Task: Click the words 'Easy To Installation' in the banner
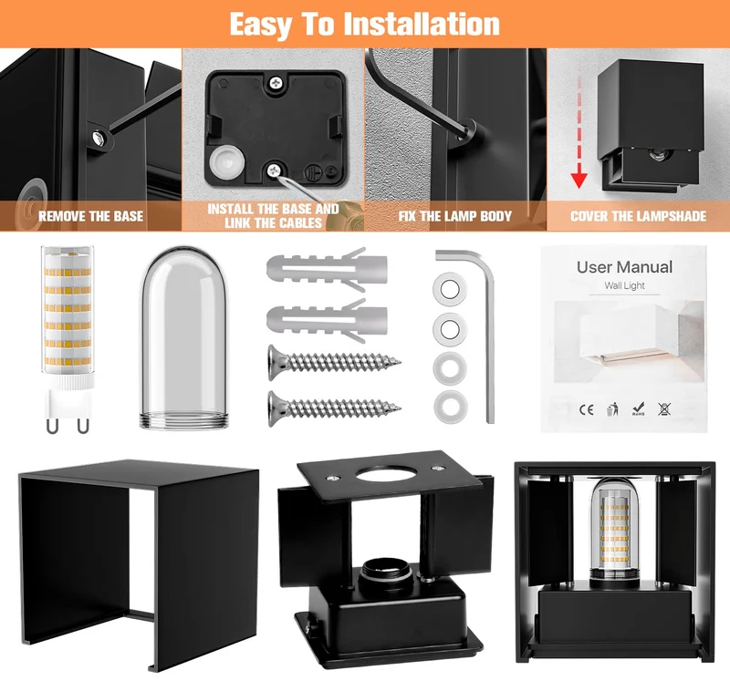(364, 25)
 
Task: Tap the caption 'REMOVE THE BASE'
(90, 216)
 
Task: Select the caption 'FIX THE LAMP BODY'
(454, 216)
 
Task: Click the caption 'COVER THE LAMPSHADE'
(638, 216)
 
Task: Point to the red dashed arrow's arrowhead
(579, 179)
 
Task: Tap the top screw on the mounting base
(276, 83)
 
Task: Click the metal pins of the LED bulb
(68, 425)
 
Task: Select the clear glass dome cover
(184, 337)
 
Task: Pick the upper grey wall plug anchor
(327, 269)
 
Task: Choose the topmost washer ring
(450, 289)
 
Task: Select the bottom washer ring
(450, 407)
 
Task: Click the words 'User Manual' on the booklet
(624, 267)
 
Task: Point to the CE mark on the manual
(587, 409)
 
